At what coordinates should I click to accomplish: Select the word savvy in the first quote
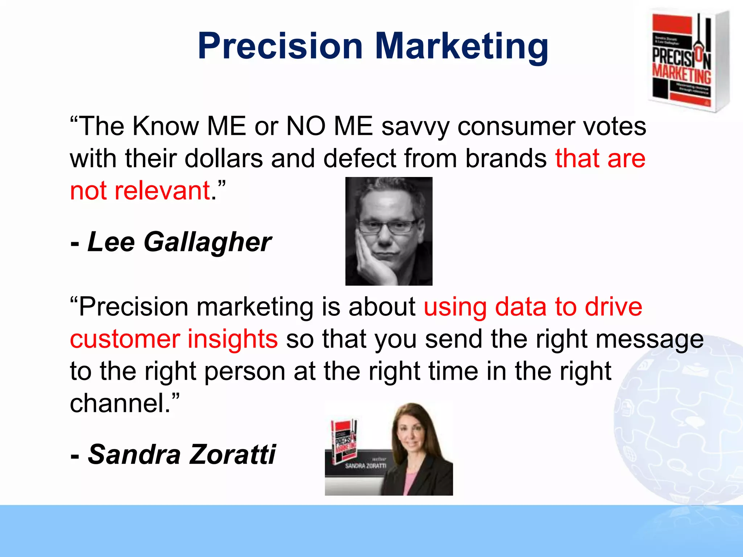(x=415, y=127)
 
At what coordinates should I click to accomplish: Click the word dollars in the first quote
(x=223, y=158)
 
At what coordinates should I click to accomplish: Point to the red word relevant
(x=162, y=191)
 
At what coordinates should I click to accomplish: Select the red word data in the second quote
(x=521, y=307)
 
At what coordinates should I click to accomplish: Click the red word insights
(x=232, y=339)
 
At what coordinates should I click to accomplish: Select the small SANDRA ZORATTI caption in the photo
(x=365, y=466)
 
